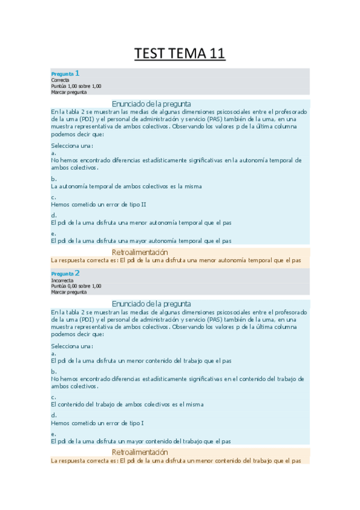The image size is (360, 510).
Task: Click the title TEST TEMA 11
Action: click(180, 54)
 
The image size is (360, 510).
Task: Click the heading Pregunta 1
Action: click(66, 73)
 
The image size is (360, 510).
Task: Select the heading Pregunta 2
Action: click(66, 274)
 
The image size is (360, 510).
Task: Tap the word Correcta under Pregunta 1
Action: click(60, 80)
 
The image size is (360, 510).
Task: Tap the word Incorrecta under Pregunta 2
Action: click(63, 280)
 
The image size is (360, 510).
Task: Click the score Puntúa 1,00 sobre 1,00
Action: click(76, 86)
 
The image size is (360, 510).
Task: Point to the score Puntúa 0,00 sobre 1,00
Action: click(76, 286)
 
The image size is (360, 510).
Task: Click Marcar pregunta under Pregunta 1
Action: click(69, 92)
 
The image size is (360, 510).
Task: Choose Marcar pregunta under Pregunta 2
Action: click(69, 292)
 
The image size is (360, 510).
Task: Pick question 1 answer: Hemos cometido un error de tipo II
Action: click(99, 204)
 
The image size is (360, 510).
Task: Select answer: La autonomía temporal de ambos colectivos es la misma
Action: click(126, 186)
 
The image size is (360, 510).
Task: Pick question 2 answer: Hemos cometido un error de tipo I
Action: click(97, 423)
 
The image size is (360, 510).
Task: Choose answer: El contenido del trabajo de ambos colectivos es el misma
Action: click(127, 405)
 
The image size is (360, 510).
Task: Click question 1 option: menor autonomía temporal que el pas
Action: click(141, 223)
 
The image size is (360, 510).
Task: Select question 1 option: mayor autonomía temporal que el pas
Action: click(142, 241)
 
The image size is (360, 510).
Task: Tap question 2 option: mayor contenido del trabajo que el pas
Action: click(141, 441)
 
